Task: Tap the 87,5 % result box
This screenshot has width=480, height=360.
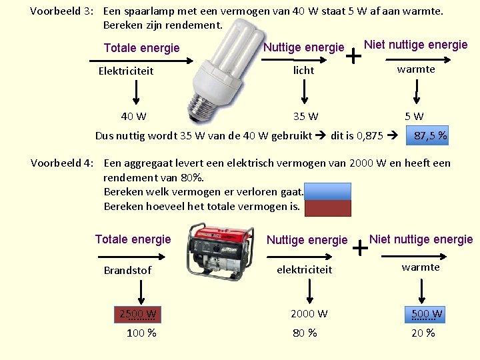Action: (430, 136)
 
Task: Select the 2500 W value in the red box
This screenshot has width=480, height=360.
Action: (138, 314)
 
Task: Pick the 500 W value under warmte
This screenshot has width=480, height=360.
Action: (427, 314)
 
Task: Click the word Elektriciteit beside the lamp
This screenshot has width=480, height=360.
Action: (125, 71)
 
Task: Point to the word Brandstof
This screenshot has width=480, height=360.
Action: (127, 270)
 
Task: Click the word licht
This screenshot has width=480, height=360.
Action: (303, 70)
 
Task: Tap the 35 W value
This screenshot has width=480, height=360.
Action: (305, 117)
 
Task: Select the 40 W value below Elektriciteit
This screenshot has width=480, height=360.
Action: (133, 117)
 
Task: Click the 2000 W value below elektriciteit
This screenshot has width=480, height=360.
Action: (309, 313)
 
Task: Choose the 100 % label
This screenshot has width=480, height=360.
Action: (141, 333)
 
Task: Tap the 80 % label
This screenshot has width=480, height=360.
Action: (305, 333)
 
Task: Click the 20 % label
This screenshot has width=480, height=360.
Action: (423, 333)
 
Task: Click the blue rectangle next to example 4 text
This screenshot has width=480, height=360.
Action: (327, 191)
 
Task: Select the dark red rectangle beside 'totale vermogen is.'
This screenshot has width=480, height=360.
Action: (327, 208)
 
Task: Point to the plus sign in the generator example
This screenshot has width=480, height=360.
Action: (360, 249)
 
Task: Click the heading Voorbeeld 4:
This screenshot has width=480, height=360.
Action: (64, 163)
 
